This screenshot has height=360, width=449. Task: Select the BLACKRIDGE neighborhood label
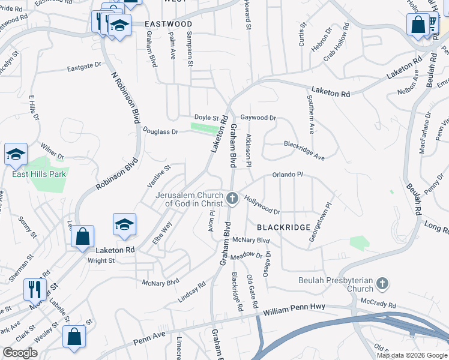point(283,227)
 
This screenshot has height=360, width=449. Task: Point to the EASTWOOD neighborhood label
point(168,24)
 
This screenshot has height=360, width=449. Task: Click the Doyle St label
point(205,117)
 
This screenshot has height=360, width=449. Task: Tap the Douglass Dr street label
point(160,131)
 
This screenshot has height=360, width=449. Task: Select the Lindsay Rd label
point(192,292)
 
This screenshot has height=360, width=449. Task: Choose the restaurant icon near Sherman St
point(35,290)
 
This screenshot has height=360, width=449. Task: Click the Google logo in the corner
point(20,353)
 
